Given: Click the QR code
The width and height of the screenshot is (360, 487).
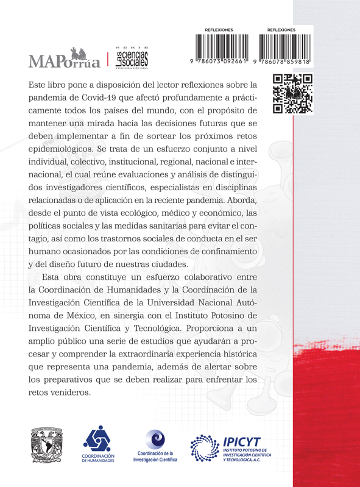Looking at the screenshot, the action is [292, 94].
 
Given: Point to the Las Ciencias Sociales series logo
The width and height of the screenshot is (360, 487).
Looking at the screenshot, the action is [131, 59].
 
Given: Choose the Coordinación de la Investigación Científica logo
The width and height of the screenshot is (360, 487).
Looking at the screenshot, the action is [155, 447].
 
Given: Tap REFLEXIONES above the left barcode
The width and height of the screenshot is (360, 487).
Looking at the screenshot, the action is [219, 29].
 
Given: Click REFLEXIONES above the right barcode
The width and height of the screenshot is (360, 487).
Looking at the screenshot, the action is [281, 29].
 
